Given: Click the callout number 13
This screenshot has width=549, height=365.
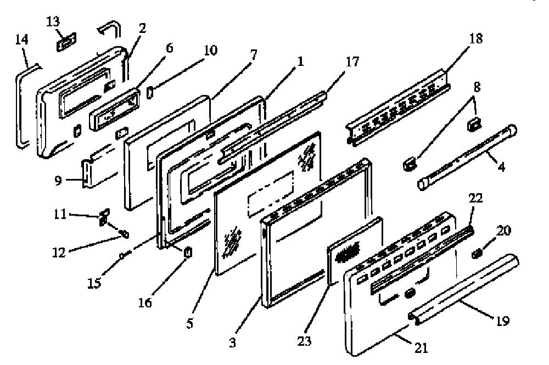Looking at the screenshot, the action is point(53,22).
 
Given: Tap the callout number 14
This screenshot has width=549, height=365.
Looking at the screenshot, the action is point(21,39).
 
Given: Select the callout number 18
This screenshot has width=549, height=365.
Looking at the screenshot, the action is point(475,38).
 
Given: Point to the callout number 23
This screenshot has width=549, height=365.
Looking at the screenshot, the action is point(304,340).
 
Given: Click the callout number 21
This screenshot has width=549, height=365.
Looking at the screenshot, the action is point(421,347).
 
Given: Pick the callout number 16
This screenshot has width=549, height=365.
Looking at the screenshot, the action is point(145,302).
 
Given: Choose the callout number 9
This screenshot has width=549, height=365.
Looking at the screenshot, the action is point(58,181).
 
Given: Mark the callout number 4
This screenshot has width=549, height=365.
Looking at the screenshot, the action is point(501,167).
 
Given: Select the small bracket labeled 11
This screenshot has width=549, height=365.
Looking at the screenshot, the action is point(104,217).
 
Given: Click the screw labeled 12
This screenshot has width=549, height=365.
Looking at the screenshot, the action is point(124,233).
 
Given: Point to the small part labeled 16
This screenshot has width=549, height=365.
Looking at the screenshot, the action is point(188,252).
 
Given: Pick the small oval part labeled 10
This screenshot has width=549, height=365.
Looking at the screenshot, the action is point(149,93).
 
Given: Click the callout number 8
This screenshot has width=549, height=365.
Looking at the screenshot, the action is point(477,87).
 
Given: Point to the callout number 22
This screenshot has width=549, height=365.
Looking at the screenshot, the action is point(475,199).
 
